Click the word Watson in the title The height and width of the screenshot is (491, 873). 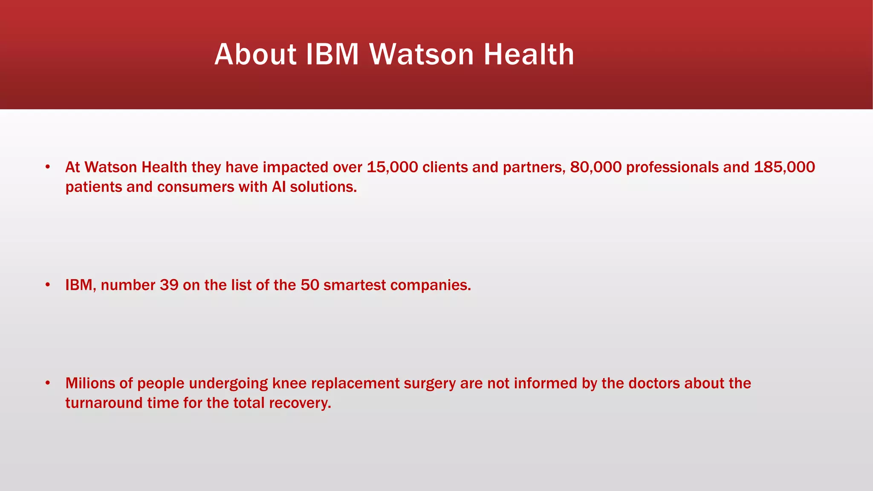point(421,55)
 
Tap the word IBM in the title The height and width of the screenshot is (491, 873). point(332,55)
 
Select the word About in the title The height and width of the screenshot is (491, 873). point(255,55)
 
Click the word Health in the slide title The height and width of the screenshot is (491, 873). point(529,55)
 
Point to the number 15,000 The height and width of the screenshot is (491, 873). point(392,167)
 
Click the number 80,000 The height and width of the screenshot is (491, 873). point(595,167)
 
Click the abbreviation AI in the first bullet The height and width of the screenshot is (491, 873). point(278,187)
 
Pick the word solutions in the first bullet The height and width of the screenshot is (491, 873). point(323,187)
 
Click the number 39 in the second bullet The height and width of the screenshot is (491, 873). point(169,285)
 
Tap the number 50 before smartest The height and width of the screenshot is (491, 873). point(310,285)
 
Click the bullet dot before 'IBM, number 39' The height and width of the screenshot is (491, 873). point(48,284)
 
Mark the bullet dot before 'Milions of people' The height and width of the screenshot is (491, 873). point(48,383)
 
